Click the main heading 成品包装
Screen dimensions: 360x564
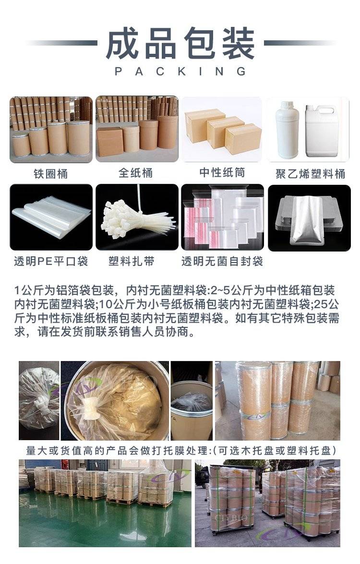coord(180,43)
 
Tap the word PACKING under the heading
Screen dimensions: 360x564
coord(180,71)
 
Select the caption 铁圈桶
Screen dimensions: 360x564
coord(51,174)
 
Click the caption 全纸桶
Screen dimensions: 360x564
coord(136,173)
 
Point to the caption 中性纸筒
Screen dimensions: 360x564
coord(222,173)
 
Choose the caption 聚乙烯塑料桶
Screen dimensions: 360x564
coord(311,174)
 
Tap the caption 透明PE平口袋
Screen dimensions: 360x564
coord(51,261)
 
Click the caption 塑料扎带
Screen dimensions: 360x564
coord(132,261)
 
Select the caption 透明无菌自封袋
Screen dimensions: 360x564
coord(222,261)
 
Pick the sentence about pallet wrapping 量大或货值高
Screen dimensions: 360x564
coord(181,450)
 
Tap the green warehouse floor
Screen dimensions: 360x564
coord(104,522)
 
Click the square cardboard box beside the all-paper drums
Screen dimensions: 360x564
coord(110,141)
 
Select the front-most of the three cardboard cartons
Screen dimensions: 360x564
coord(243,139)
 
